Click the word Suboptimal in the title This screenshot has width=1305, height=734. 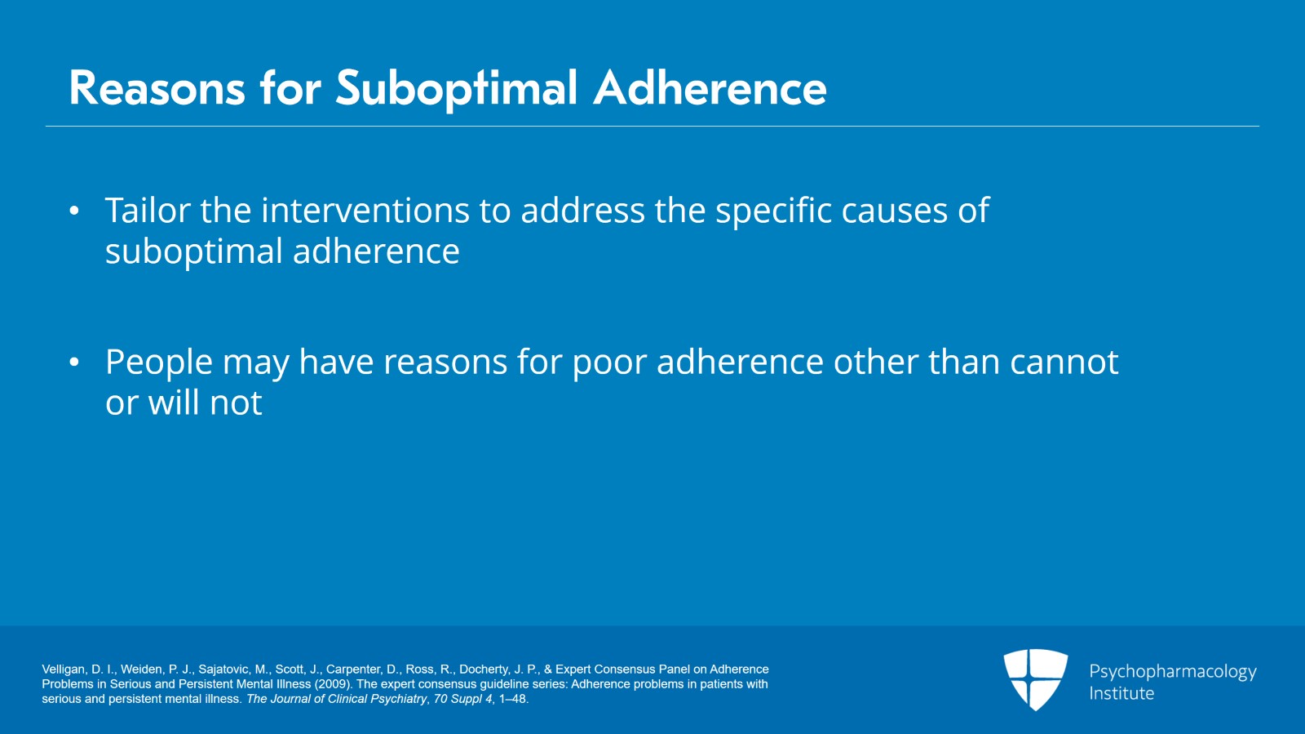click(456, 89)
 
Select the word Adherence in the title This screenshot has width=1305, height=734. click(710, 88)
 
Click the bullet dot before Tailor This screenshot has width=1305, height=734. click(74, 211)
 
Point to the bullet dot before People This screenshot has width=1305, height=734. click(74, 362)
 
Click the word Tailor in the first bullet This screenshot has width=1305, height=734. click(148, 210)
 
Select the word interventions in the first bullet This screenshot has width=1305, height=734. click(365, 210)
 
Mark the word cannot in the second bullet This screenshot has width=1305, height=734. click(1064, 363)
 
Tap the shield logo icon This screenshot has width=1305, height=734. click(1035, 678)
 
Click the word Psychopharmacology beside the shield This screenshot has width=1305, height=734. click(1173, 672)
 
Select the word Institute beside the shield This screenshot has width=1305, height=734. click(1121, 693)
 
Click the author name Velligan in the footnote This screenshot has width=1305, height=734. click(64, 669)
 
